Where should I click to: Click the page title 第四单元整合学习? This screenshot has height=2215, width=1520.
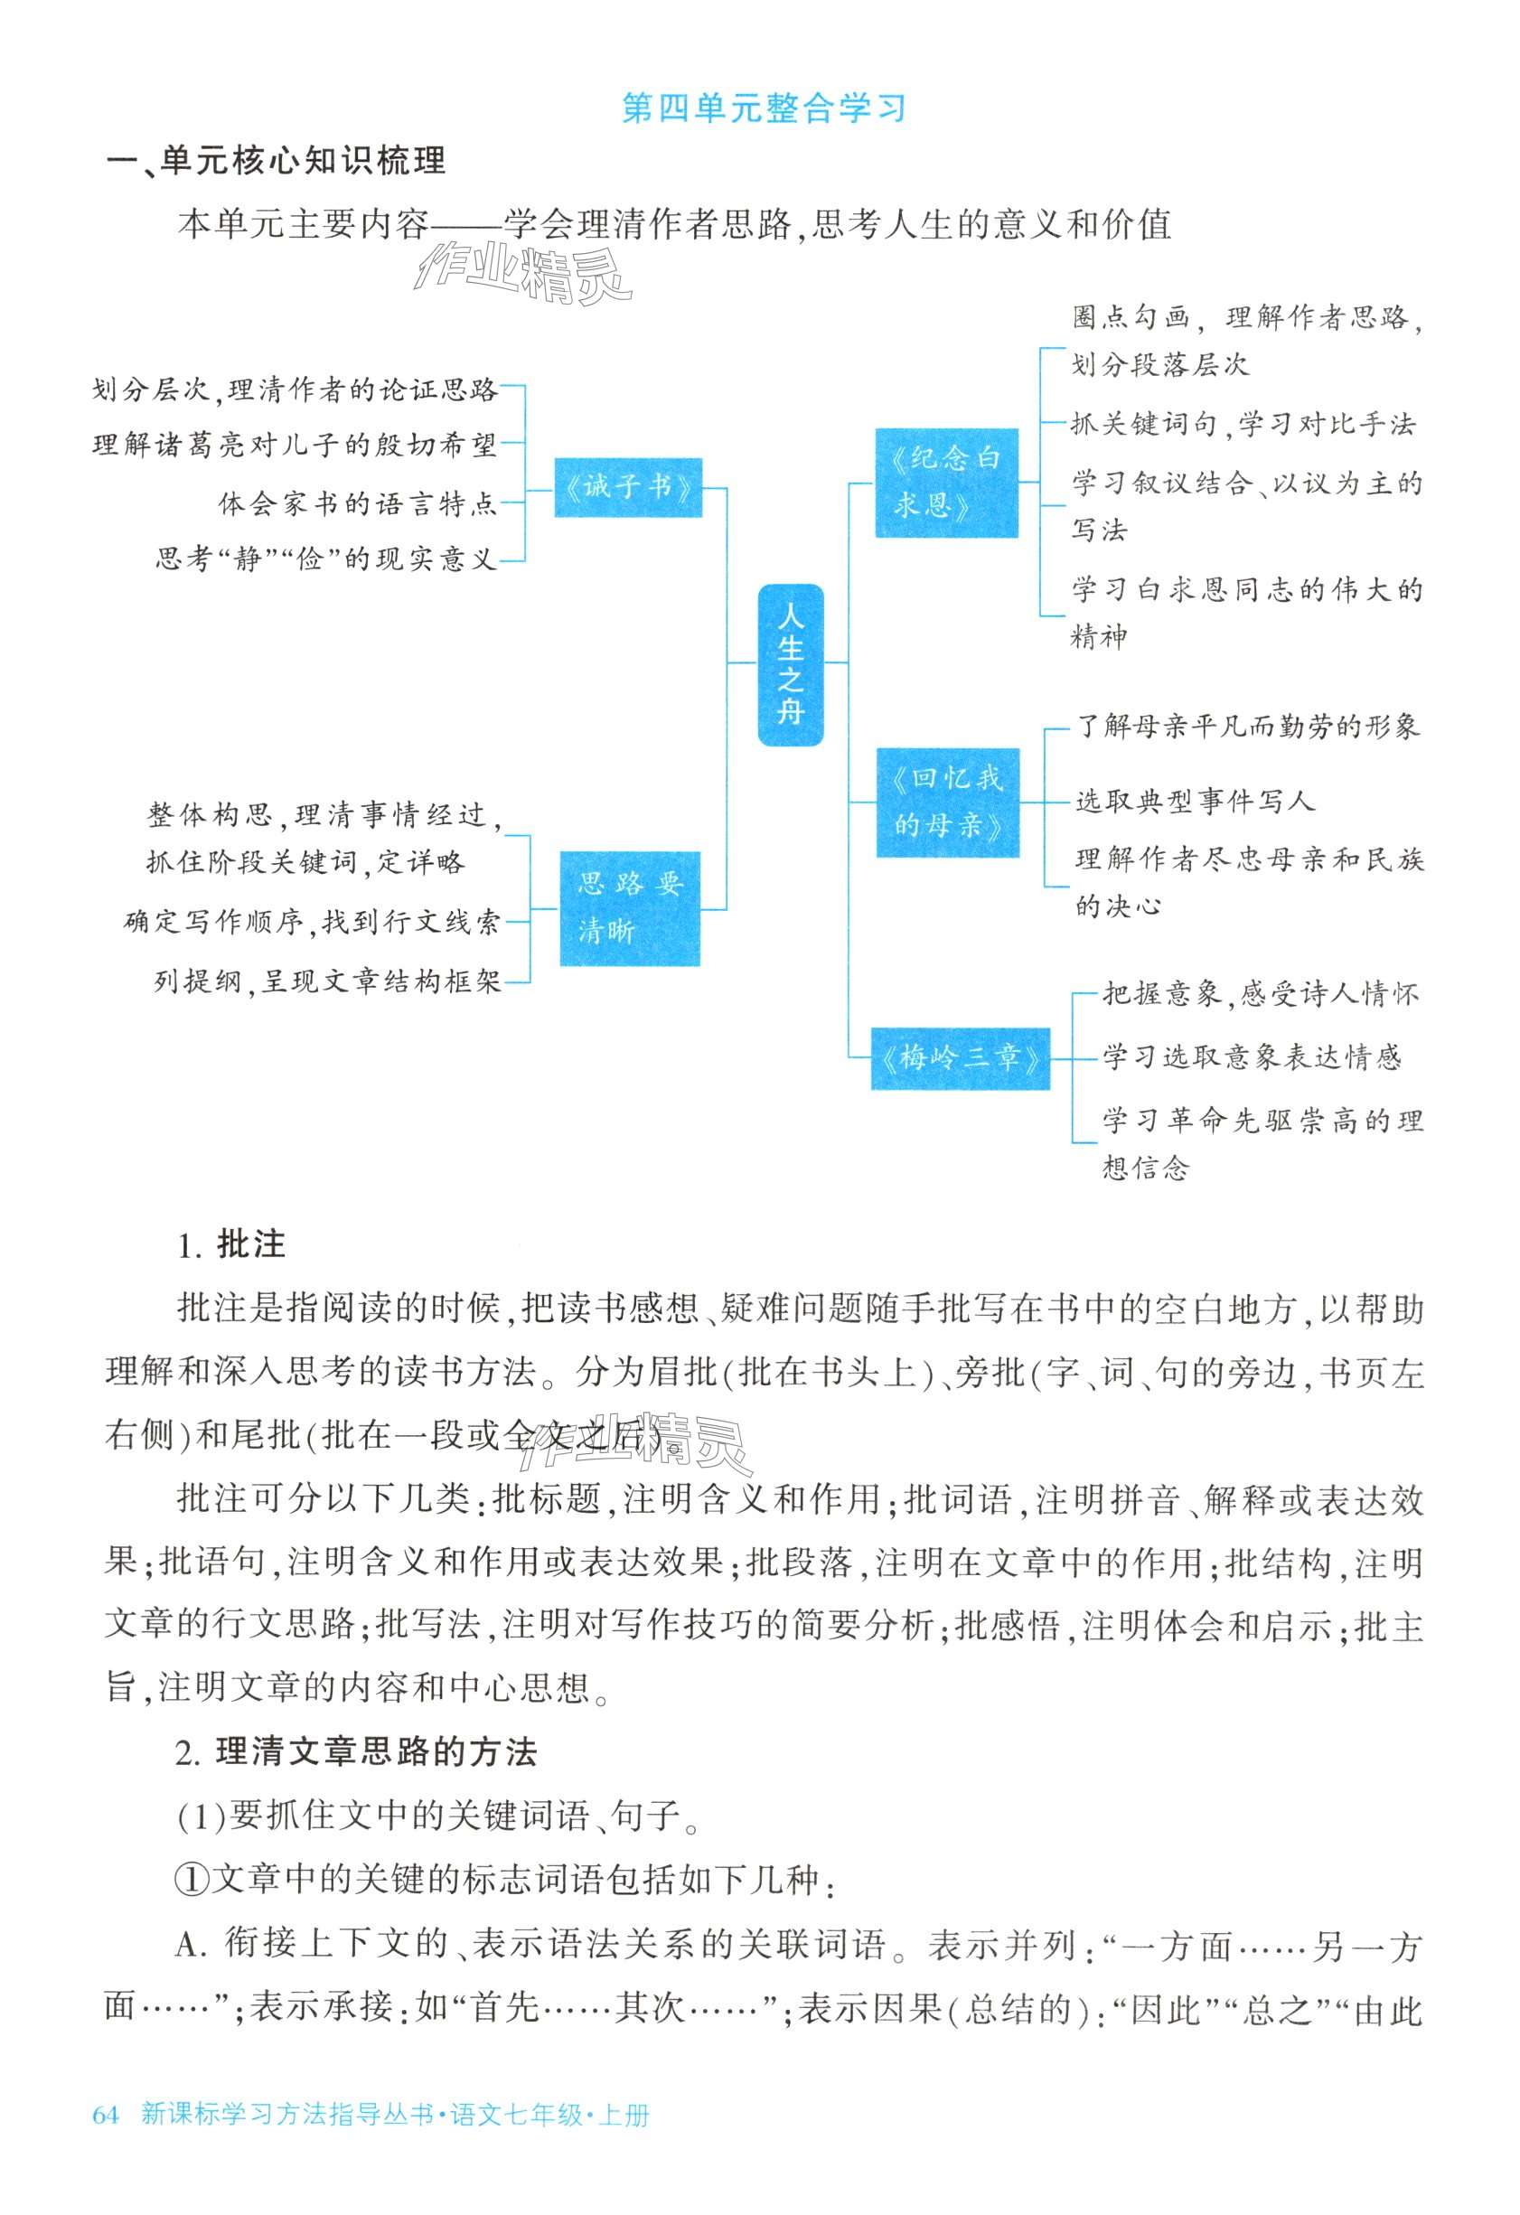coord(763,108)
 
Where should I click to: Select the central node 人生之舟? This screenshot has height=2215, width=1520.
coord(790,664)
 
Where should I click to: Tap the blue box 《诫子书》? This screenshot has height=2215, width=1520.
coord(628,488)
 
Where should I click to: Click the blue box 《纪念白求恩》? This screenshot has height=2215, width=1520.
coord(946,483)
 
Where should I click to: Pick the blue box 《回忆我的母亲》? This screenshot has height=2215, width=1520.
coord(947,802)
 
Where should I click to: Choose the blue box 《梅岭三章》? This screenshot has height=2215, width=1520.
coord(960,1058)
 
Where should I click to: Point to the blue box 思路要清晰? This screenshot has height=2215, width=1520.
coord(629,907)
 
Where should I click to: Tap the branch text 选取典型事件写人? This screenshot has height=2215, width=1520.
coord(1195,802)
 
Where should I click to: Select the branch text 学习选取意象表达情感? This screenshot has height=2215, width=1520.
coord(1252,1057)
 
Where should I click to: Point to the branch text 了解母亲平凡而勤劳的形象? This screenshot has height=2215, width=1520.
coord(1247,727)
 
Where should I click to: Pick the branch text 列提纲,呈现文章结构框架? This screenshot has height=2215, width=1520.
coord(328,981)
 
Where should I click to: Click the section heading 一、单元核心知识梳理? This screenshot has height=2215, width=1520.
coord(277,161)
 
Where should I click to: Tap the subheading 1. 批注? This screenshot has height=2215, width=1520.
coord(231,1244)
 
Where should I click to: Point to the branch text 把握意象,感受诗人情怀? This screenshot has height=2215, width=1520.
coord(1260,994)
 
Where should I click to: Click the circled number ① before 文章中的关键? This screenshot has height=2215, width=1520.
coord(192,1879)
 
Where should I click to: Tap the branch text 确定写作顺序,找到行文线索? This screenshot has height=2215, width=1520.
coord(312,923)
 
